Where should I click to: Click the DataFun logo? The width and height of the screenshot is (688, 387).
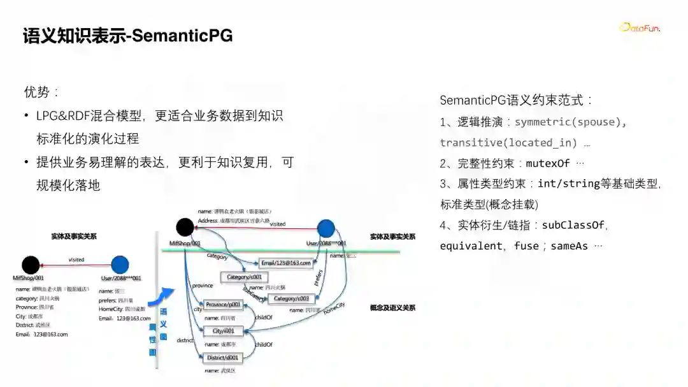tap(639, 27)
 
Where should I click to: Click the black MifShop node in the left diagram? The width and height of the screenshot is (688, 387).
tap(30, 265)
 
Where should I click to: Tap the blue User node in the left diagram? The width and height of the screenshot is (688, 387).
tap(120, 265)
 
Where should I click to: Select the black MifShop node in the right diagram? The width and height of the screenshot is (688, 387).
tap(185, 227)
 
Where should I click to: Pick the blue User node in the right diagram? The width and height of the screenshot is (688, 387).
tap(326, 228)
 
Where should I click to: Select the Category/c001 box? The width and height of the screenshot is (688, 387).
tap(245, 277)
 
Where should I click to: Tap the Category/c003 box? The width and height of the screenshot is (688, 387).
tap(291, 298)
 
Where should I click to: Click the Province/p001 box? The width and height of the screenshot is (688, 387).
tap(224, 305)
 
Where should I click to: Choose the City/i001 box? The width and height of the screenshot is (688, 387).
tap(224, 331)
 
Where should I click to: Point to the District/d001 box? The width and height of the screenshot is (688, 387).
tap(224, 358)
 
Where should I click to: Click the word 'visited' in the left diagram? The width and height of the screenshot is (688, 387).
tap(76, 259)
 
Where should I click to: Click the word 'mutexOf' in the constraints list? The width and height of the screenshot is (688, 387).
tap(548, 163)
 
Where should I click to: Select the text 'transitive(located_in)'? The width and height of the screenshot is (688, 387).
tap(508, 142)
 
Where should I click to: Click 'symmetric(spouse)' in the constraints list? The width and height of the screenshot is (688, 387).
tap(570, 122)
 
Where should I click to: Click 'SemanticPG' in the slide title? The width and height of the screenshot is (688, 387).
tap(182, 36)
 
